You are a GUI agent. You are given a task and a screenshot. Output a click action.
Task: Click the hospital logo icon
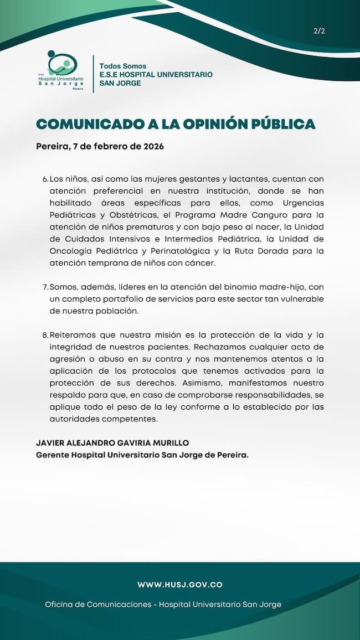[x=62, y=65]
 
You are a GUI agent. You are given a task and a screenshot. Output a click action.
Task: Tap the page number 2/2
[x=319, y=31]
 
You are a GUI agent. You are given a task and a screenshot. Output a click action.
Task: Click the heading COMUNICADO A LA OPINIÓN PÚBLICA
[x=176, y=124]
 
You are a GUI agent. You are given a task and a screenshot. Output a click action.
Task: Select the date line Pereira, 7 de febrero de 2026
[x=100, y=147]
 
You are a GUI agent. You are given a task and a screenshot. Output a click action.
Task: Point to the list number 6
[x=45, y=179]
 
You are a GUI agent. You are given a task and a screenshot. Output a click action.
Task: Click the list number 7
[x=45, y=287]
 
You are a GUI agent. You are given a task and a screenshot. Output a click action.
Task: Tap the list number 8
[x=45, y=336]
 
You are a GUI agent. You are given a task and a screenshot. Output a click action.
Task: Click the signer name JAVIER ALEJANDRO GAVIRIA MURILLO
[x=112, y=443]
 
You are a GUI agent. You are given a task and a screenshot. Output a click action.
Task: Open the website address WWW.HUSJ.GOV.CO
[x=180, y=585]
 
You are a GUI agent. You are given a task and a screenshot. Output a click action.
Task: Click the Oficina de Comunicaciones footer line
[x=163, y=605]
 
